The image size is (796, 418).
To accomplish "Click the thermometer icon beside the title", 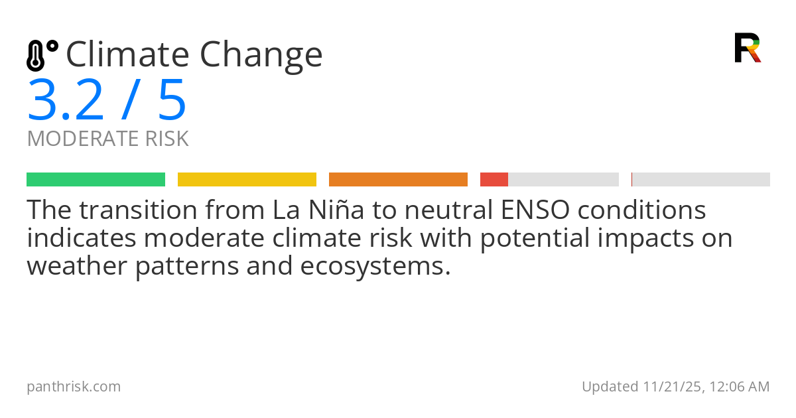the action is [x=42, y=56].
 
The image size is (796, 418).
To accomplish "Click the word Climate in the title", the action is [x=127, y=54].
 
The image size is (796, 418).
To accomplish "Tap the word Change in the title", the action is [x=261, y=57].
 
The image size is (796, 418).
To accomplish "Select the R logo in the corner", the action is [x=748, y=48].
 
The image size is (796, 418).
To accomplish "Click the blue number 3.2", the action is [x=66, y=100].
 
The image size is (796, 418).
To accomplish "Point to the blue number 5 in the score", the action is [x=172, y=100].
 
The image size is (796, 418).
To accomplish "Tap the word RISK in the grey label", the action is [x=166, y=138].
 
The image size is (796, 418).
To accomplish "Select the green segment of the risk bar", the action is [x=96, y=180].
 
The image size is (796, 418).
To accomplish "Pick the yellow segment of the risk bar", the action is [x=247, y=180].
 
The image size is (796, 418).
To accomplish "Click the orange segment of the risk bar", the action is [x=399, y=180].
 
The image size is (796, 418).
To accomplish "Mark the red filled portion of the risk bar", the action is [x=494, y=180].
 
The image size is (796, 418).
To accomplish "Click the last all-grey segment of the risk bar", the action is [x=700, y=180].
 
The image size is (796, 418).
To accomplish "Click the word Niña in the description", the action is [x=336, y=210].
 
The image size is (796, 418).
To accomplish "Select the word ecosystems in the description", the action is [x=375, y=267].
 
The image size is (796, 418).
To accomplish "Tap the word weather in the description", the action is [x=77, y=265].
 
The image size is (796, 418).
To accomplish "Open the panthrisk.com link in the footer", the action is [x=74, y=387].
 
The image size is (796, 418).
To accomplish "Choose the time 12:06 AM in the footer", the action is [x=740, y=387].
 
